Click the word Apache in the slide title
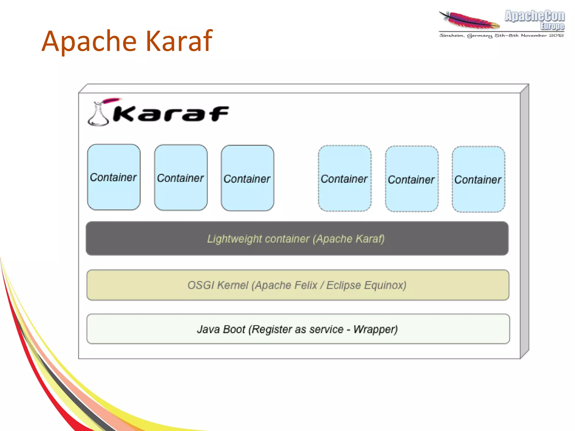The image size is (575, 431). pos(89,42)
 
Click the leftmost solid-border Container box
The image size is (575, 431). pos(114,177)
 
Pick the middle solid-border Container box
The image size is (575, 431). pos(181,178)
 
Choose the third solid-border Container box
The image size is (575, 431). pos(247,178)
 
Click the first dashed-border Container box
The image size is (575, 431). pos(344,179)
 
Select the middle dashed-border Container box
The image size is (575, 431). pos(411,179)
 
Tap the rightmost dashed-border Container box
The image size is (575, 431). pos(478,179)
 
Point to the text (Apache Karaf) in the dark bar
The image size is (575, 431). pos(349,239)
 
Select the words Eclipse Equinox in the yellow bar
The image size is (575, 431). pos(366,285)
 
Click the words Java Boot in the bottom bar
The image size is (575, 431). pos(221,329)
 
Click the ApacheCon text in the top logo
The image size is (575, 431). pos(534,16)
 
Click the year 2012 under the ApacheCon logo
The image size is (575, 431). pos(556,35)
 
